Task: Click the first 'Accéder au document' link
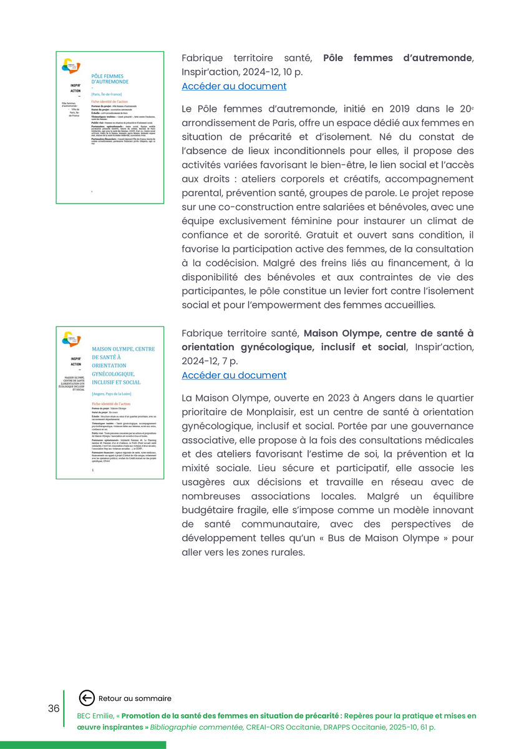(x=234, y=86)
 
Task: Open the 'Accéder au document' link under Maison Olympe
(x=234, y=375)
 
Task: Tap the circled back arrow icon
(x=87, y=698)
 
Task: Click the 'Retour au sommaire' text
(x=135, y=698)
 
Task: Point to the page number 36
(x=54, y=708)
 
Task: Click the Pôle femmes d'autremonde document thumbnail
(x=110, y=127)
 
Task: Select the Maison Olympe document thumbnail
(x=110, y=403)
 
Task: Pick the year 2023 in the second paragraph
(x=313, y=398)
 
